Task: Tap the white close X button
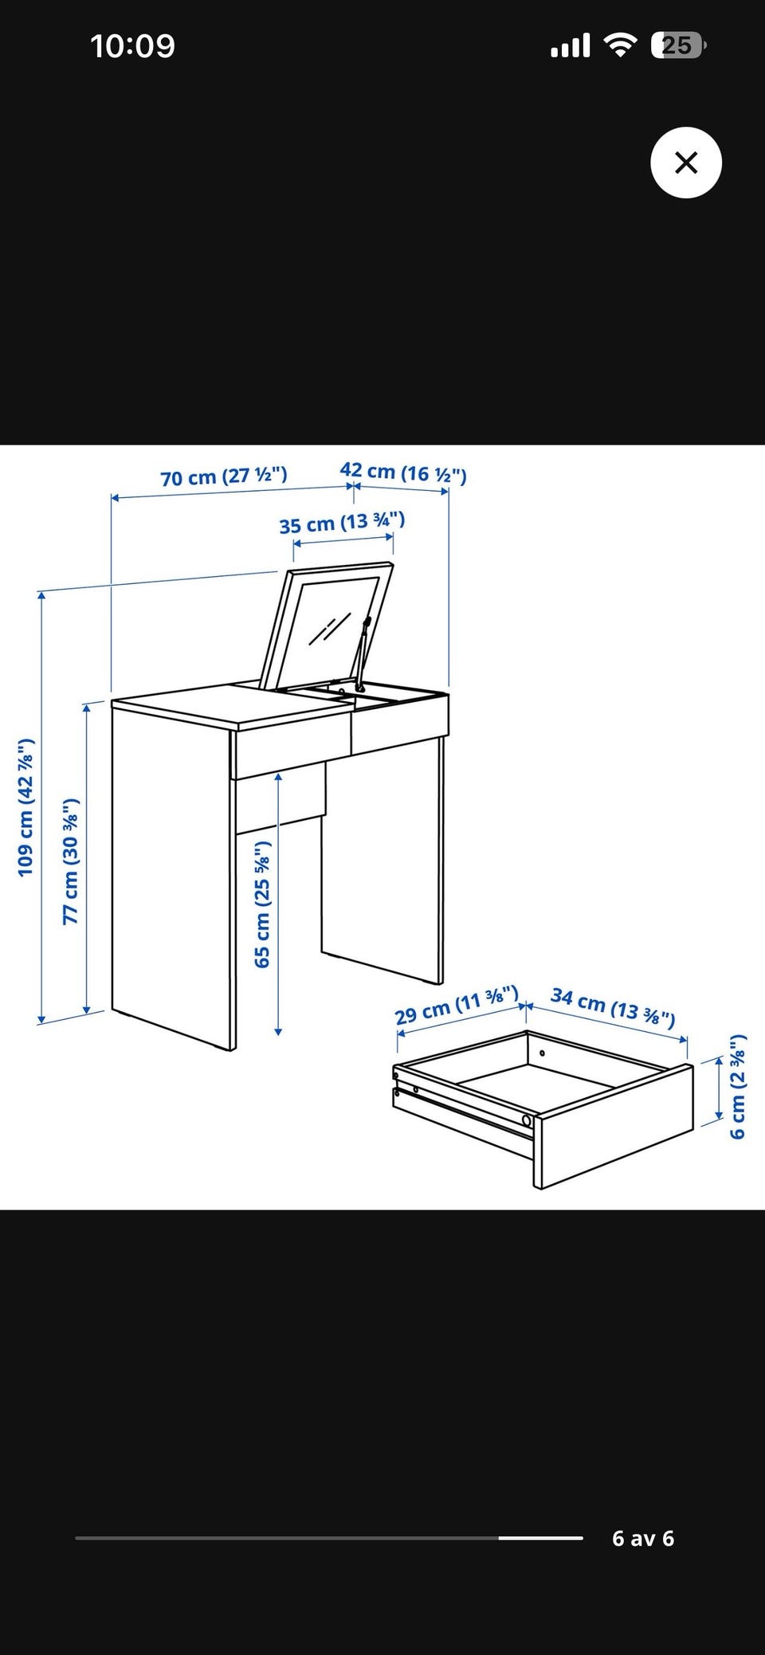[x=686, y=163]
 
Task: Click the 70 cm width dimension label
[x=224, y=476]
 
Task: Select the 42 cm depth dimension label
[x=403, y=473]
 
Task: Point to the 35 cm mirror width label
[x=342, y=523]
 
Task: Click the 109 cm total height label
[x=26, y=807]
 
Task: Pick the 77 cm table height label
[x=71, y=861]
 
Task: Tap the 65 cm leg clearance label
[x=262, y=904]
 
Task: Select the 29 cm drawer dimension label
[x=457, y=1006]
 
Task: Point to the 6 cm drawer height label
[x=738, y=1086]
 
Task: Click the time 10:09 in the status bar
[x=132, y=45]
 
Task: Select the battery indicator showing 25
[x=678, y=45]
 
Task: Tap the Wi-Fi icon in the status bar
[x=619, y=45]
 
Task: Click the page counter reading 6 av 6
[x=643, y=1539]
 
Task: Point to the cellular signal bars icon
[x=571, y=46]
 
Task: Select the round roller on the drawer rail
[x=526, y=1120]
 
